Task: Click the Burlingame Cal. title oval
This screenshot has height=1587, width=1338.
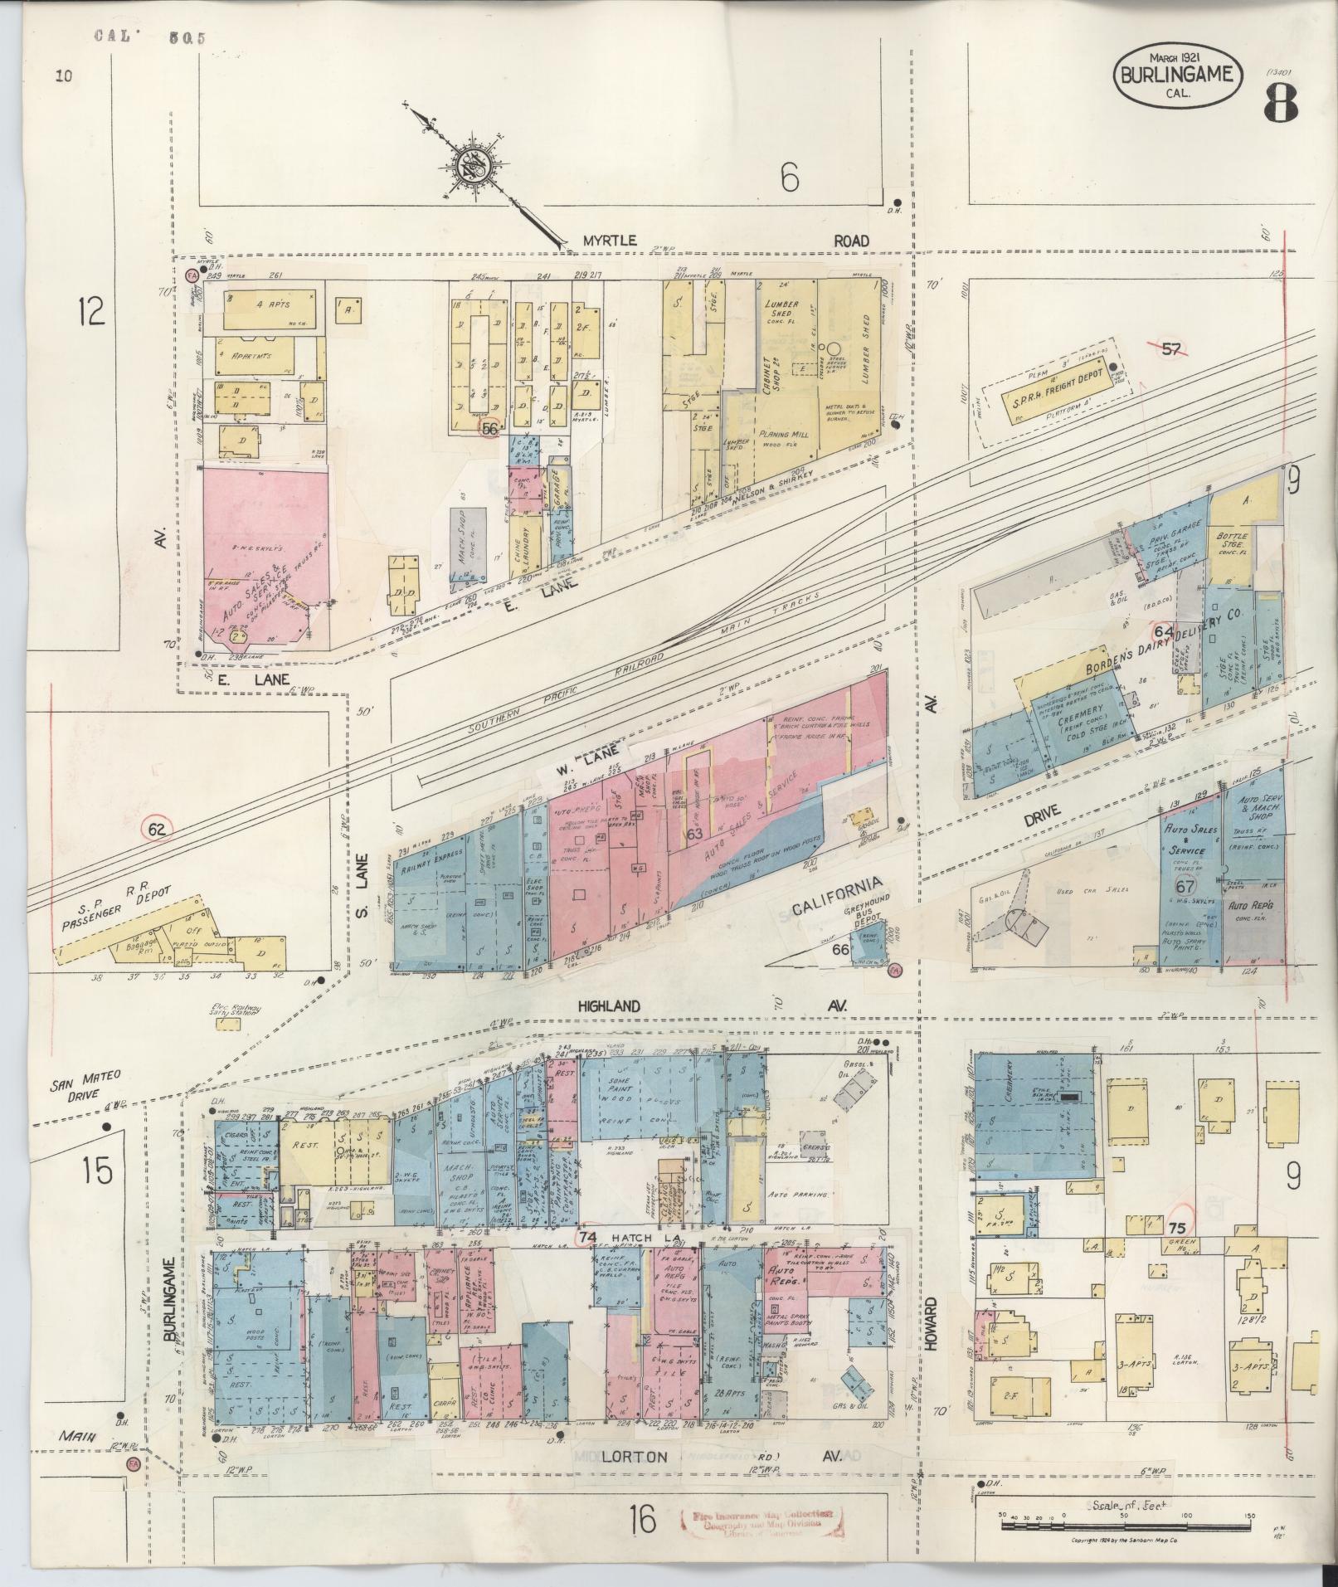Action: (1177, 74)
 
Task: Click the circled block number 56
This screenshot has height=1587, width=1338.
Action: (489, 428)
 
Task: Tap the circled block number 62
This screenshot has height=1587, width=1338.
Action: (156, 827)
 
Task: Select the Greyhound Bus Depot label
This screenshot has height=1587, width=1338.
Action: (867, 918)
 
